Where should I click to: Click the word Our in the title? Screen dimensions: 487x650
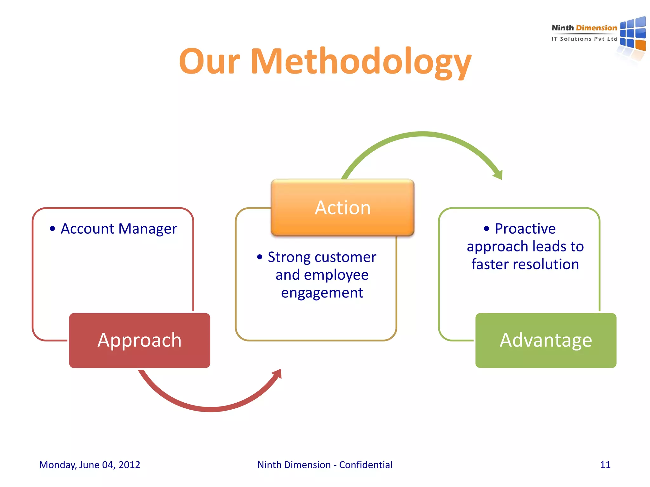click(x=209, y=62)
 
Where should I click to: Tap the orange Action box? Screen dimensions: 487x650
click(x=342, y=208)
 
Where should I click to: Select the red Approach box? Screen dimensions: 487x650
click(x=139, y=340)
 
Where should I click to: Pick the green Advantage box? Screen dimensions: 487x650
click(x=546, y=340)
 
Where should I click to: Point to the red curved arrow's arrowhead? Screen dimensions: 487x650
click(x=277, y=374)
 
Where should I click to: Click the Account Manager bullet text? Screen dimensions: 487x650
click(x=119, y=229)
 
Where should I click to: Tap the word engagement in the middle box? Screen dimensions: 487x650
click(x=322, y=293)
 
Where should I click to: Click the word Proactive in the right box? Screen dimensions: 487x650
click(x=525, y=229)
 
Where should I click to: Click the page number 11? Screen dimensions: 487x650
click(x=605, y=465)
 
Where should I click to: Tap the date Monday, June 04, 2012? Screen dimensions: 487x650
click(x=90, y=465)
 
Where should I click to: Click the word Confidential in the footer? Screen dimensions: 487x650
click(x=366, y=465)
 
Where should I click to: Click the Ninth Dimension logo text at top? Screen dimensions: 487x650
click(x=584, y=28)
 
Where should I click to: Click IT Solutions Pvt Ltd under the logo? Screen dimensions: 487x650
click(x=584, y=39)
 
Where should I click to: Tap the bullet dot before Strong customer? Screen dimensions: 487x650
click(x=260, y=257)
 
